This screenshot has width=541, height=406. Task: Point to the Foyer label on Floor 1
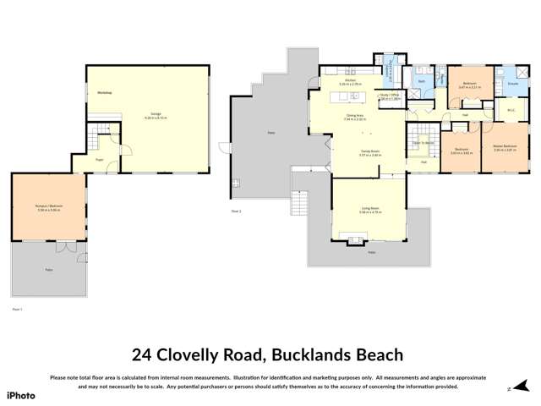[99, 159]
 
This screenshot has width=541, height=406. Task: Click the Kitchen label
[350, 82]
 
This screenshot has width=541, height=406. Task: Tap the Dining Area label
[355, 117]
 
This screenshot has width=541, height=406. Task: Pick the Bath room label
[421, 81]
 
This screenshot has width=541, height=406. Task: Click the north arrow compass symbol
[508, 389]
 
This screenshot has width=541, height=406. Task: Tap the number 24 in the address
[144, 355]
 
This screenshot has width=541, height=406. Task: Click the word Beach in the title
[374, 355]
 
